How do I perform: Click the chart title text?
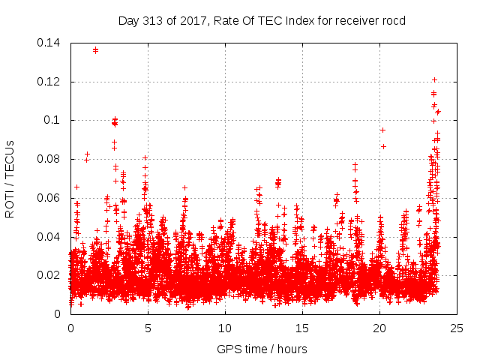click(262, 20)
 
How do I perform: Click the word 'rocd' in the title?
click(391, 20)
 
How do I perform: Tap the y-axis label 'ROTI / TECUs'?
click(10, 178)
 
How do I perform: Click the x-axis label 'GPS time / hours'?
click(262, 349)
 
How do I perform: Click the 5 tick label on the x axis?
click(148, 328)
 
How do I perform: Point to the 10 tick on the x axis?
click(225, 328)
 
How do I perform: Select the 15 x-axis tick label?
click(302, 328)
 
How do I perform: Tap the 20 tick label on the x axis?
click(379, 328)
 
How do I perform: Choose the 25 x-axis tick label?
click(457, 328)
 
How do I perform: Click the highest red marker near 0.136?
click(95, 50)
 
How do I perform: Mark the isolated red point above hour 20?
click(382, 130)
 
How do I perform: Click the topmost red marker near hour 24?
click(434, 79)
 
